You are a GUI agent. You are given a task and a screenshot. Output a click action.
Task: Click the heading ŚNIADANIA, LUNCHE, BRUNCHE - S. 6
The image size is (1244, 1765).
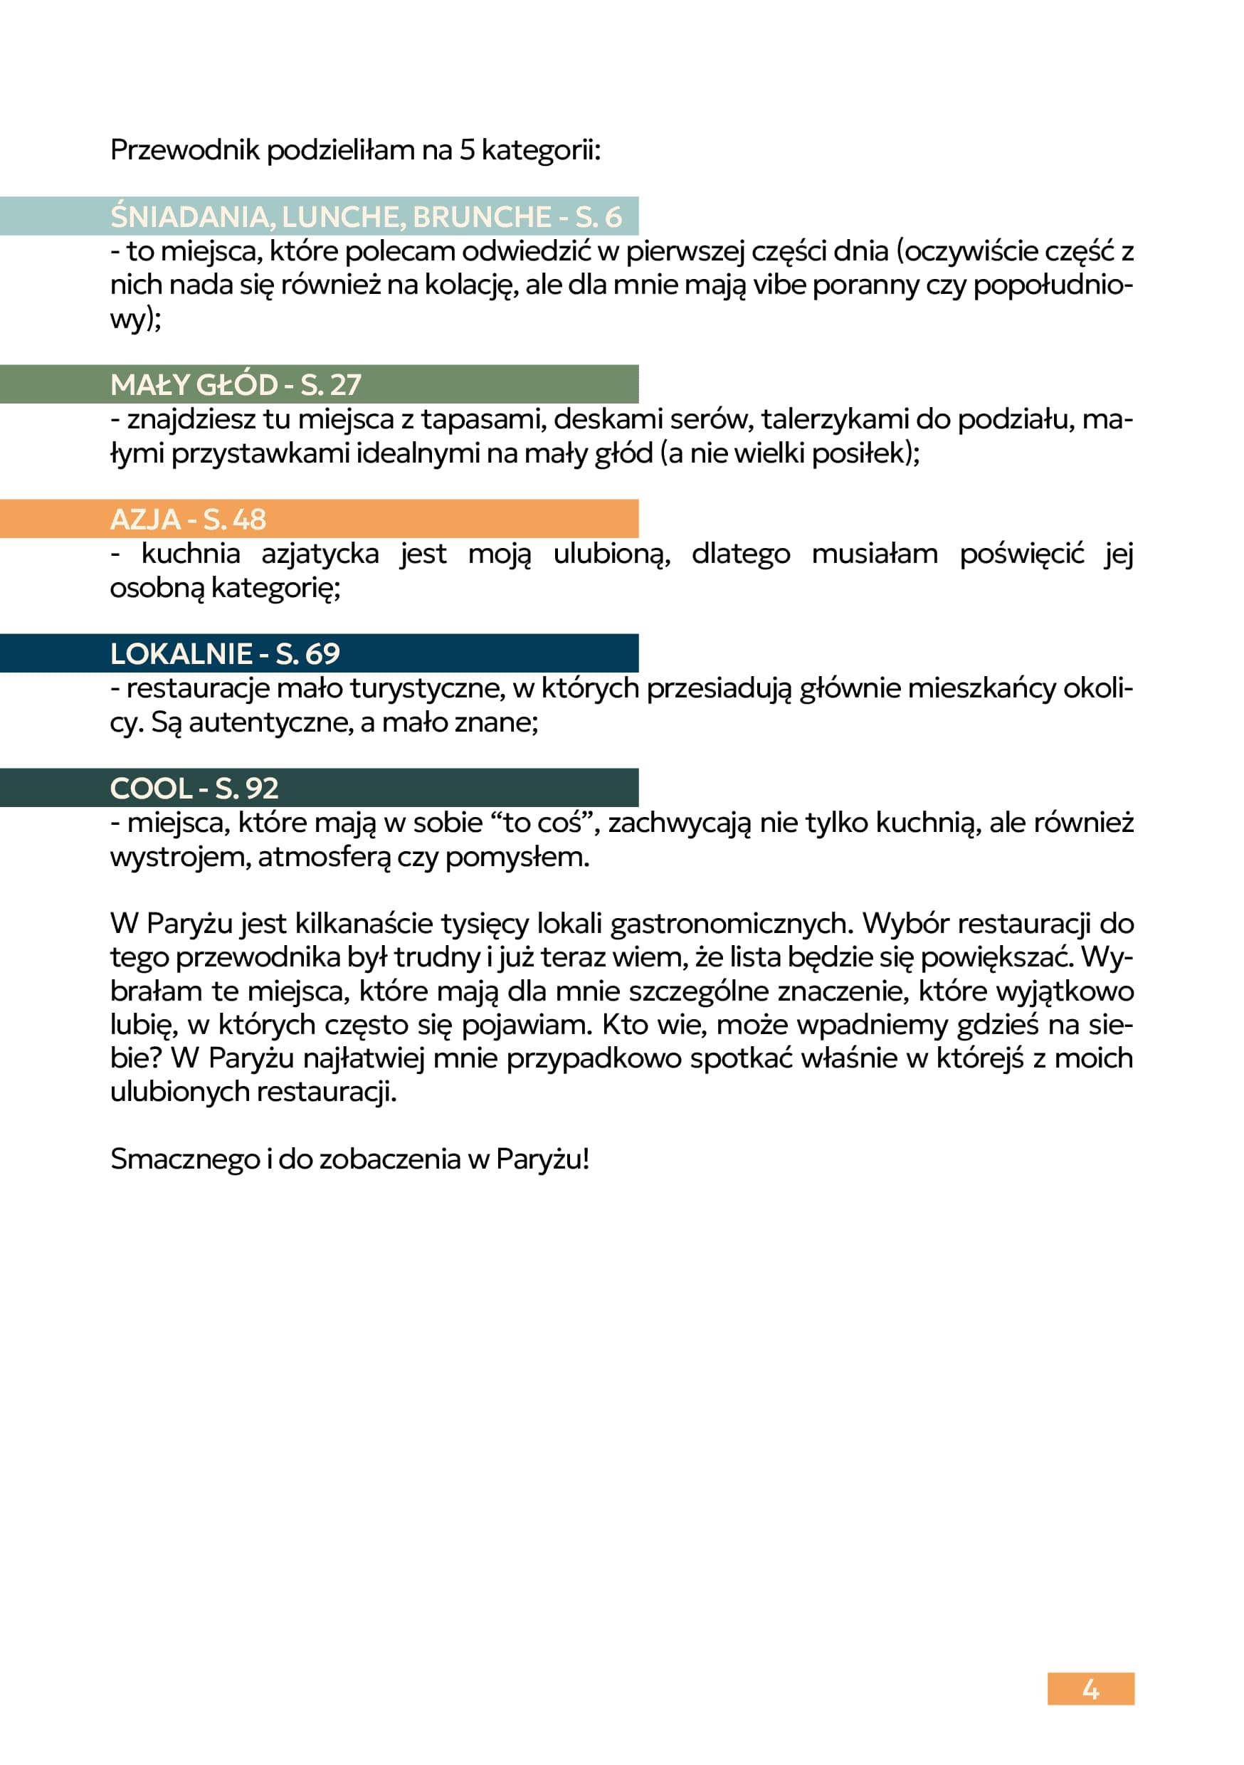365,217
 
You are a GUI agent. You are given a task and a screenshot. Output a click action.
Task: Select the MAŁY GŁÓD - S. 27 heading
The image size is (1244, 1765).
236,384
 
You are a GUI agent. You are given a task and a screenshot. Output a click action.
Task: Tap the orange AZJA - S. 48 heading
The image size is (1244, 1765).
189,519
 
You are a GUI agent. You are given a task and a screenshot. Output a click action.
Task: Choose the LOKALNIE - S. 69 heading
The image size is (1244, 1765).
224,653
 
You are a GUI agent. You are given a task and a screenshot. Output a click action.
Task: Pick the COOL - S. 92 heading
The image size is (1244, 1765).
194,788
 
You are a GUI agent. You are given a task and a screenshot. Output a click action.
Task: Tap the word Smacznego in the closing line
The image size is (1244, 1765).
184,1159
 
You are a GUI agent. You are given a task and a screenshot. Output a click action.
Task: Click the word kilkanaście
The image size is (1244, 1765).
373,923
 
